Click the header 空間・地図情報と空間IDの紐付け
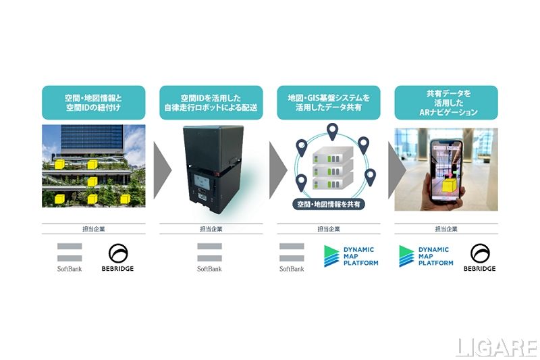94,103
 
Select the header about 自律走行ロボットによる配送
211,103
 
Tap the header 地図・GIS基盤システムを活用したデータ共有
329,103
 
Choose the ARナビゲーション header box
446,103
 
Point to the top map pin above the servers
332,132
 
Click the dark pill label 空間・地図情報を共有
329,204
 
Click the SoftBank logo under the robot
209,257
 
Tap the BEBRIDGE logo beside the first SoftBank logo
117,257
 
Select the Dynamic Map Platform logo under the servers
351,256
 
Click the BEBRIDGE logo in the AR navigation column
480,257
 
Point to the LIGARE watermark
496,347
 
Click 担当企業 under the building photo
94,229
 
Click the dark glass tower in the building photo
92,140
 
